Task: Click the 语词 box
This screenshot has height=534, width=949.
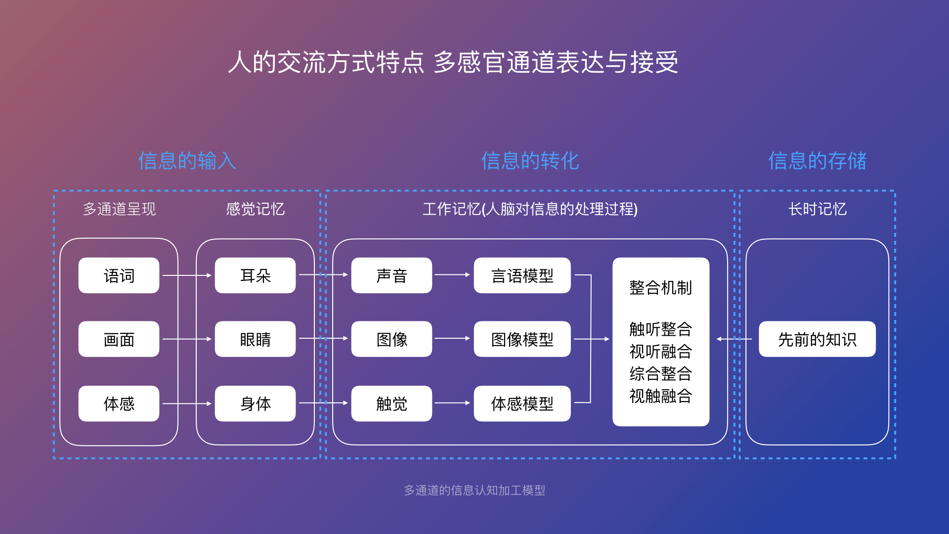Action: (x=119, y=275)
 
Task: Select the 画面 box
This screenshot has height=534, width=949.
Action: (x=119, y=339)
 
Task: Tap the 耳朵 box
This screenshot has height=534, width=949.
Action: (x=255, y=275)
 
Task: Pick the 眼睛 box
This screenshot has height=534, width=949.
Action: (x=255, y=339)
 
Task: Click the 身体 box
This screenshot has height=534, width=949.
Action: (x=255, y=403)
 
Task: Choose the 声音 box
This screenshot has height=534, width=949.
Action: (x=391, y=275)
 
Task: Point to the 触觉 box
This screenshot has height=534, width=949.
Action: (x=391, y=403)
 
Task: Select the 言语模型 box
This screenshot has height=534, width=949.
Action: (x=522, y=275)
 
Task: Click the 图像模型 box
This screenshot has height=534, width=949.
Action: (x=522, y=339)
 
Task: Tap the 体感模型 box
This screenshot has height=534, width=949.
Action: (x=522, y=403)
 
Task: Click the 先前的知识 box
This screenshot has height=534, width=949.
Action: (x=817, y=339)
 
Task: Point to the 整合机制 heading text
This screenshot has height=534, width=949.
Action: (x=660, y=288)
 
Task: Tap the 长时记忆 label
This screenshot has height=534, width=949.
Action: (x=817, y=209)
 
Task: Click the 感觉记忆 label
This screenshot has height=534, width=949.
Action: (x=255, y=209)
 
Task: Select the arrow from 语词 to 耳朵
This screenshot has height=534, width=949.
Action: (x=187, y=275)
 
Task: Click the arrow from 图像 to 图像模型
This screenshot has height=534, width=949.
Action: (x=452, y=339)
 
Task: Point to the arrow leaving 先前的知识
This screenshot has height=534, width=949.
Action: (x=734, y=339)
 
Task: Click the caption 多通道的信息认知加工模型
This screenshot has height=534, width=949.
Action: (x=474, y=490)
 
